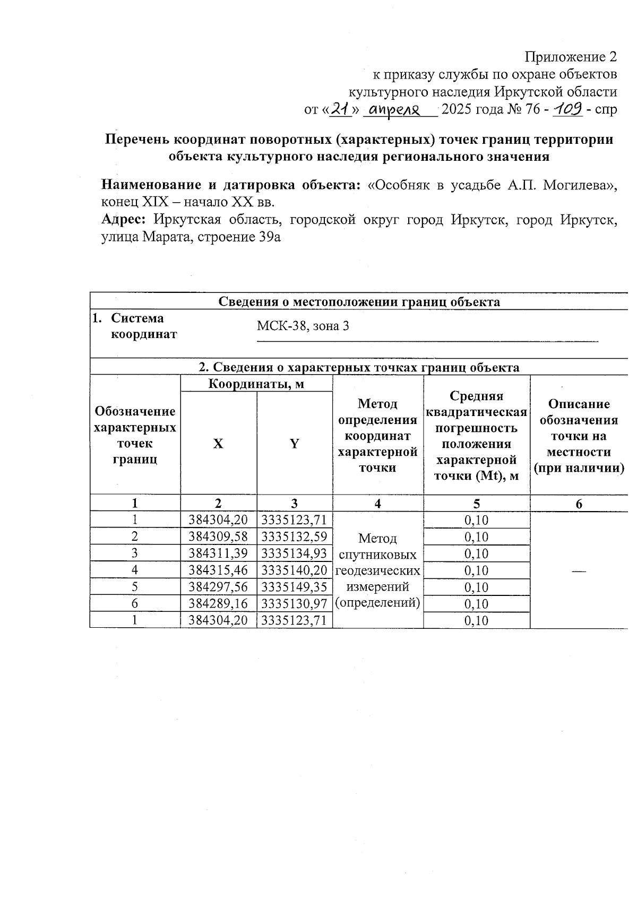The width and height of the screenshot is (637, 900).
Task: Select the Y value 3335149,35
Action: pos(295,587)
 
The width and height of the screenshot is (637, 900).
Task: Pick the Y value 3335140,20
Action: pos(295,570)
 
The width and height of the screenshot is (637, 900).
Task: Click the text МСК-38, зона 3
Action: pos(303,326)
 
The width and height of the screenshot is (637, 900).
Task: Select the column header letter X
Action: pos(218,444)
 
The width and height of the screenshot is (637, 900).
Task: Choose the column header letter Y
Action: pos(294,444)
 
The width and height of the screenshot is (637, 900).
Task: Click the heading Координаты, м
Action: pos(256,384)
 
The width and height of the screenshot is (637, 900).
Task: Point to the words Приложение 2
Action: pos(571,57)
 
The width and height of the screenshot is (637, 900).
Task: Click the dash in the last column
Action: pos(579,571)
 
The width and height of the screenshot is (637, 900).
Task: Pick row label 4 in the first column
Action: pos(135,570)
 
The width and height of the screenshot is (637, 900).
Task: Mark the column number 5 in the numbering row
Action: pos(476,504)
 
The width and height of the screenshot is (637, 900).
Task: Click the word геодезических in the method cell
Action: pos(377,571)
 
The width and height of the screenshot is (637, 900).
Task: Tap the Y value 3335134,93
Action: pos(295,553)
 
